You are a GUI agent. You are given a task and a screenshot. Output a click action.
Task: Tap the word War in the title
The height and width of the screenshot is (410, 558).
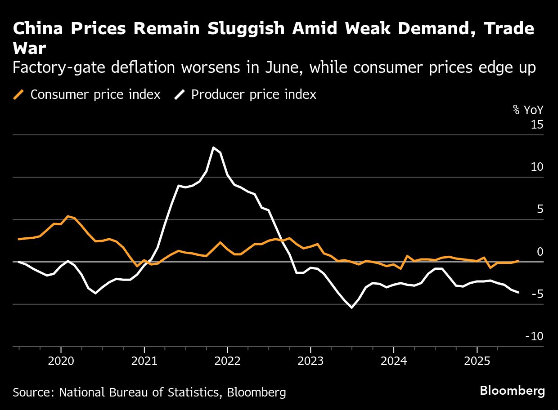[30, 48]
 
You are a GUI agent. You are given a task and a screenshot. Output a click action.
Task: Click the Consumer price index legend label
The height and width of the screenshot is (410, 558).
[95, 95]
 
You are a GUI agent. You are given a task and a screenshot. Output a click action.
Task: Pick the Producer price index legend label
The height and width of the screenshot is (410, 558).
[253, 95]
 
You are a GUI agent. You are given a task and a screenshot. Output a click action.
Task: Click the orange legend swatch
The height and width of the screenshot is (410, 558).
[19, 95]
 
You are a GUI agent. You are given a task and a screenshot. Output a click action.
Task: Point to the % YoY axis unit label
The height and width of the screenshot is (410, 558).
[528, 110]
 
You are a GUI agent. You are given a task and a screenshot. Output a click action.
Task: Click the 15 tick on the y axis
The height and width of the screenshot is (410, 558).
[537, 125]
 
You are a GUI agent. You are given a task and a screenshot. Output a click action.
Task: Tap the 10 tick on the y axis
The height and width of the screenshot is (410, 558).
[537, 167]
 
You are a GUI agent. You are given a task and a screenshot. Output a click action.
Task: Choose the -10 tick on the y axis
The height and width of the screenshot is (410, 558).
[534, 337]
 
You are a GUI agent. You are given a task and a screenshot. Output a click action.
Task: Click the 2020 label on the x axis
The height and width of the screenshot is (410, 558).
[61, 361]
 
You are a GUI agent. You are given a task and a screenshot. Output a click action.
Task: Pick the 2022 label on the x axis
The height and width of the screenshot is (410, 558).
[227, 361]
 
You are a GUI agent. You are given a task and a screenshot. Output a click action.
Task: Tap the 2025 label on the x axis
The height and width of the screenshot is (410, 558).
[477, 361]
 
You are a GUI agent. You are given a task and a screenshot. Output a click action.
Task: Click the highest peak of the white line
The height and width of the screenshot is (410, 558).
[213, 147]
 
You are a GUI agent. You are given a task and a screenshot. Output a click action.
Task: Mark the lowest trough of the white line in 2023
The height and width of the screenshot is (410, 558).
[351, 308]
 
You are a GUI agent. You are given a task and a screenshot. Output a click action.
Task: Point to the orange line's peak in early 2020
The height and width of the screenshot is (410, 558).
[67, 216]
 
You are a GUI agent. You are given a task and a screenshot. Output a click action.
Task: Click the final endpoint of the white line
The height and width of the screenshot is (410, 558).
[518, 293]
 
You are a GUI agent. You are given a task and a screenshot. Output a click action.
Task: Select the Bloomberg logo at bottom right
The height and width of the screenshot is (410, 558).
[512, 391]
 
